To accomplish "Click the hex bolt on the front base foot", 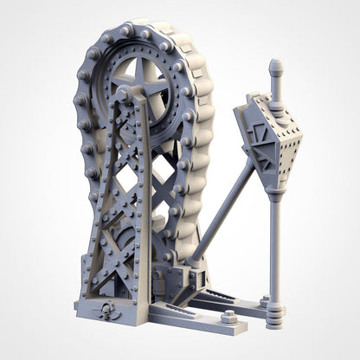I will (230, 317).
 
